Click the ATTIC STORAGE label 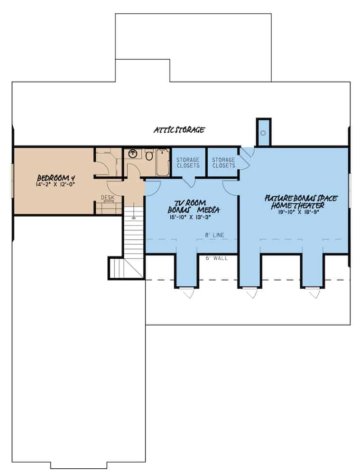(x=179, y=130)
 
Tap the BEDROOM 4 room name (x=56, y=178)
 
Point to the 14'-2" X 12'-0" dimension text (x=56, y=185)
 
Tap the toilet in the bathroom (x=149, y=155)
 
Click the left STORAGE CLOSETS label (x=188, y=163)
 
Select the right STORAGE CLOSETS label (x=223, y=163)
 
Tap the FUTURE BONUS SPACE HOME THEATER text (x=301, y=202)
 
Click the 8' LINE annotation (x=215, y=235)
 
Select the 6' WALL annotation (x=217, y=258)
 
